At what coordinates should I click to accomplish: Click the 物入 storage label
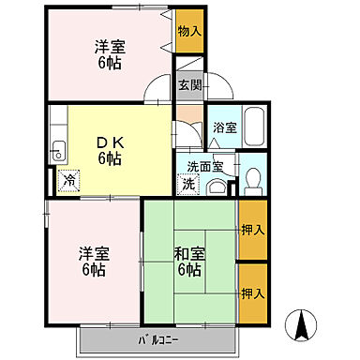(x=188, y=32)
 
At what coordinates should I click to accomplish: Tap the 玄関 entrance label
(x=189, y=84)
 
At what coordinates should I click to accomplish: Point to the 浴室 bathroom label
(x=223, y=127)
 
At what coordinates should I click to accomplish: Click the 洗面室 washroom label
(x=203, y=167)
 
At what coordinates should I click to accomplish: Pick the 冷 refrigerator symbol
(x=69, y=179)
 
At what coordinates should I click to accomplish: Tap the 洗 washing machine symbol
(x=187, y=183)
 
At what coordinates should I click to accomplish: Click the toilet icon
(x=250, y=180)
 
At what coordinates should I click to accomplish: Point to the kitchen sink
(x=58, y=148)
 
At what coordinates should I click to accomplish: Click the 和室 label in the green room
(x=188, y=251)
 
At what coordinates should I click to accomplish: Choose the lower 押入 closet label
(x=251, y=293)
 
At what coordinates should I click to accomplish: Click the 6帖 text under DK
(x=110, y=157)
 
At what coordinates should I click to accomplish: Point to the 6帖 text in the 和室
(x=188, y=270)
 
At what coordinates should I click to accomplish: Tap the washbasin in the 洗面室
(x=217, y=186)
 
